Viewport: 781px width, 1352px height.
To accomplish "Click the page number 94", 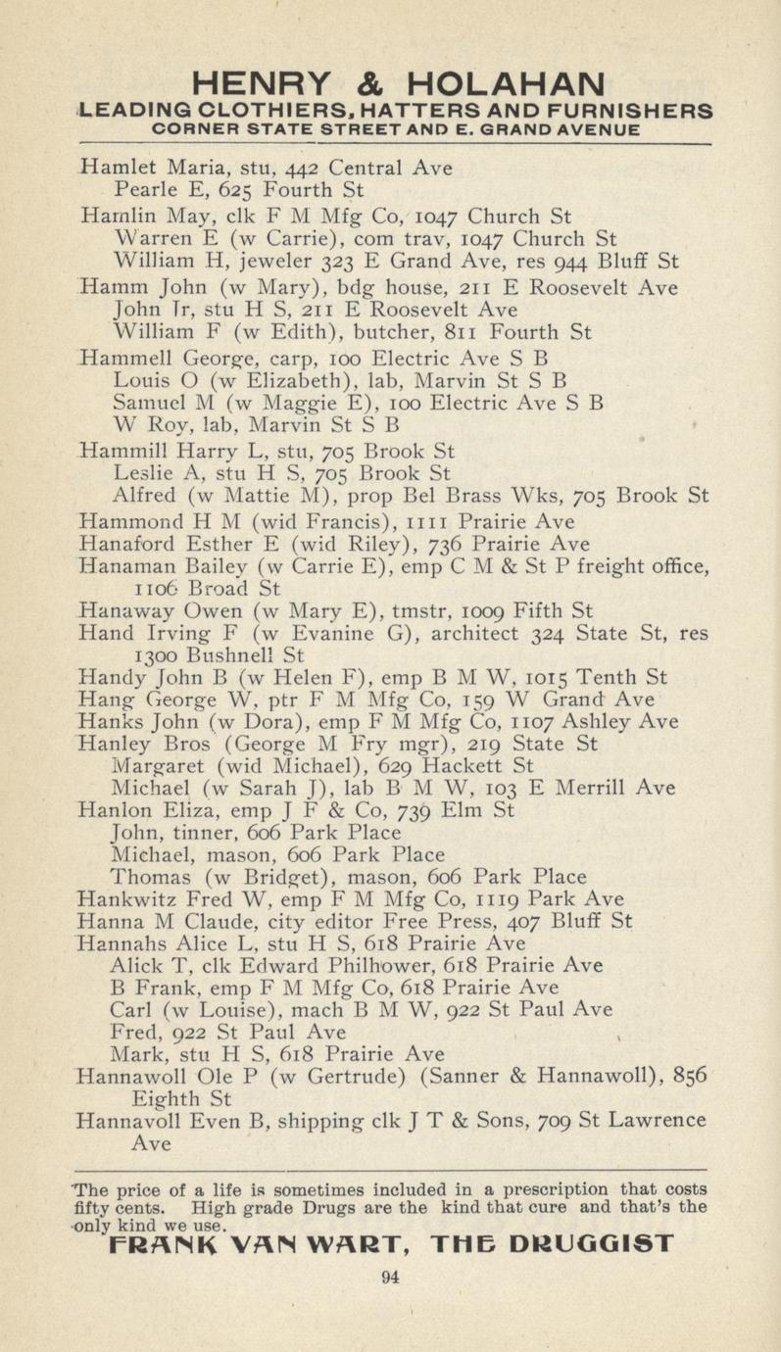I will pyautogui.click(x=390, y=1276).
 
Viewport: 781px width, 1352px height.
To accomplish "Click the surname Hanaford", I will pyautogui.click(x=123, y=545).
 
